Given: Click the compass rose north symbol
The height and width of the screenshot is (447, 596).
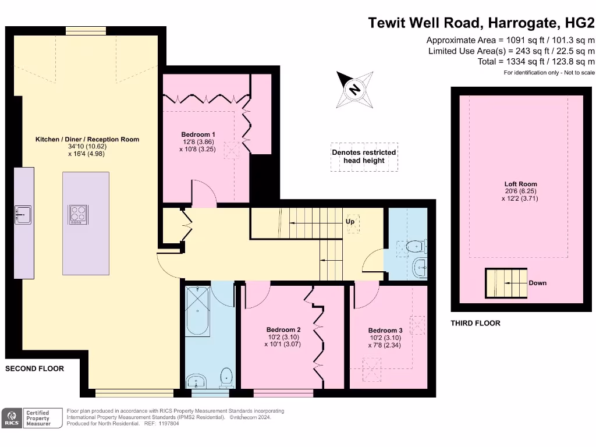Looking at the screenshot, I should (x=354, y=90).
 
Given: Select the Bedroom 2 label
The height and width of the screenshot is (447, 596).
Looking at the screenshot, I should (x=283, y=329).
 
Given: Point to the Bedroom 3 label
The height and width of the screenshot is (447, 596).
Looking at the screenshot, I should (x=385, y=330).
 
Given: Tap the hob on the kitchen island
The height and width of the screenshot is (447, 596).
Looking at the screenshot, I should (x=78, y=214).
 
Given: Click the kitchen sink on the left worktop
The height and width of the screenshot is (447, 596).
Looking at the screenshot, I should (x=23, y=215).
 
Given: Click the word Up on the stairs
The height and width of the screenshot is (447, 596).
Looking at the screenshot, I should (x=350, y=222).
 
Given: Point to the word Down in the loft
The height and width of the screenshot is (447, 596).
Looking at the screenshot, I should (x=537, y=283).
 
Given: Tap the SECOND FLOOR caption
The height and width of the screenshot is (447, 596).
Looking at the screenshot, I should (x=34, y=368).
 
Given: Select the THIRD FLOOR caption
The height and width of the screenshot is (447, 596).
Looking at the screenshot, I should (x=476, y=323).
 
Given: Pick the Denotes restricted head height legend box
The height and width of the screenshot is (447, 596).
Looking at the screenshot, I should (x=364, y=157).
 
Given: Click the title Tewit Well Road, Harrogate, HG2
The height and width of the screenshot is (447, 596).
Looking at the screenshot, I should (x=481, y=23).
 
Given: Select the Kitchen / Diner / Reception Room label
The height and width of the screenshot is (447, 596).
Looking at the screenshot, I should (x=87, y=139).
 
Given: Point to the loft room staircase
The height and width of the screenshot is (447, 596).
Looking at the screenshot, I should (x=506, y=283).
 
